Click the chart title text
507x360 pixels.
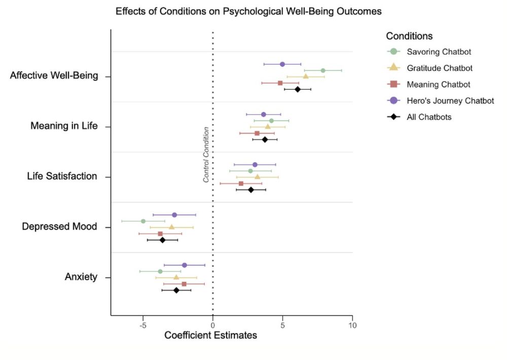(248, 11)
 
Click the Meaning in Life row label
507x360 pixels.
(64, 126)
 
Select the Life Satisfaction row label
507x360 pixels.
(62, 176)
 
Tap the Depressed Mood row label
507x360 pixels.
(59, 227)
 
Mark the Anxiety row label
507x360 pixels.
(81, 277)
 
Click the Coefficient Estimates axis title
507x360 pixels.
(210, 335)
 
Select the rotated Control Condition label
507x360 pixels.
(206, 155)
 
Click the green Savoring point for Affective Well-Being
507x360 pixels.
(323, 70)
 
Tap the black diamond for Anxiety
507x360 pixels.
(176, 290)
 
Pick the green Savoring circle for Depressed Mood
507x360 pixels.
(143, 221)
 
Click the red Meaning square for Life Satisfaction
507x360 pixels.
(241, 184)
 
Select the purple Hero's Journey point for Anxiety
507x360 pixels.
(185, 265)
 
